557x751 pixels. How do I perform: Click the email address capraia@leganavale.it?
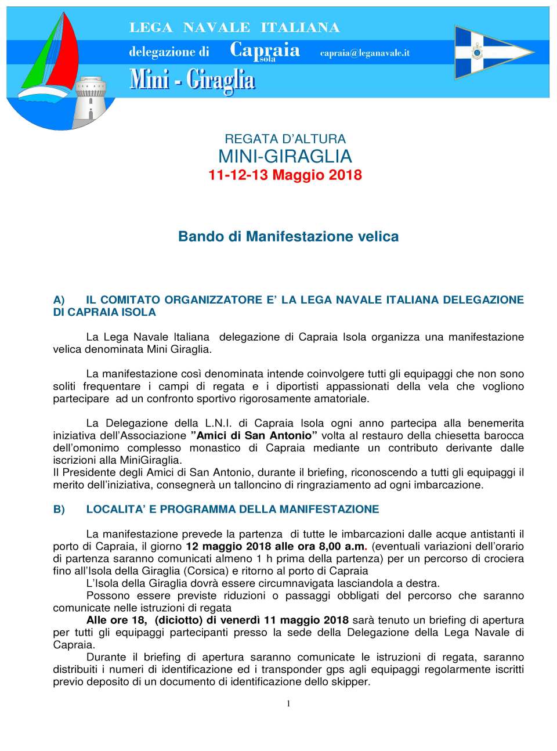point(364,53)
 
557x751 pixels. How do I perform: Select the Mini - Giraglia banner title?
point(192,80)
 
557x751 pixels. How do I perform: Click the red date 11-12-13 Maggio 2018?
point(285,175)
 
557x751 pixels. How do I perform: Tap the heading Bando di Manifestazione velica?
point(288,236)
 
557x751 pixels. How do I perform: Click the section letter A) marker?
point(59,300)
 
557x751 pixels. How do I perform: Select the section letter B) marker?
point(59,510)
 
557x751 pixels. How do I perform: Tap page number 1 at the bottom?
point(288,703)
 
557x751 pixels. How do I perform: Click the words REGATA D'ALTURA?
point(285,139)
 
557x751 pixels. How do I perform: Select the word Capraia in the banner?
point(265,50)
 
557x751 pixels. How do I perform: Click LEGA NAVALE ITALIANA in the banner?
point(234,27)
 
